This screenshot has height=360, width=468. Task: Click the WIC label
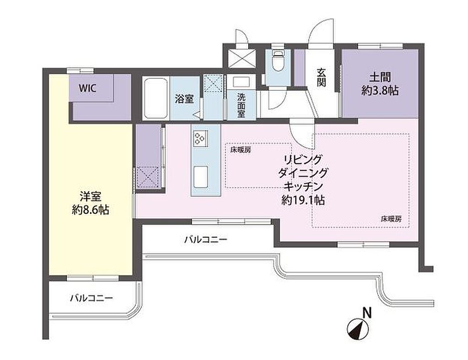coord(87,88)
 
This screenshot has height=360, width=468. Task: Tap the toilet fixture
coord(277,60)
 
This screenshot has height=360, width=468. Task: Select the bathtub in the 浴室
coord(155,99)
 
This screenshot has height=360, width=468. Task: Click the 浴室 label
coord(185,99)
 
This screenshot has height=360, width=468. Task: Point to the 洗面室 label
coord(241,105)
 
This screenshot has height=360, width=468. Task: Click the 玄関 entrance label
coord(321,77)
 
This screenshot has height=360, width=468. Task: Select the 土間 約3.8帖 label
coord(380,84)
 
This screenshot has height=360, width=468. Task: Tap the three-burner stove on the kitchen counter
coord(200,139)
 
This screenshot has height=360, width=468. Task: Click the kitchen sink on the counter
coord(201,177)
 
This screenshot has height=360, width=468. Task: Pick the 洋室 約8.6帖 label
coord(90,203)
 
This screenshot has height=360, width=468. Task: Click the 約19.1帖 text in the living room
coord(303,200)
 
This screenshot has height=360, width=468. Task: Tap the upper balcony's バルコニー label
coord(206,239)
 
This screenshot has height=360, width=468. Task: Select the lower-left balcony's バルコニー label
coord(91,298)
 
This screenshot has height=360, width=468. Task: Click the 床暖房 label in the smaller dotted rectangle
coord(240,150)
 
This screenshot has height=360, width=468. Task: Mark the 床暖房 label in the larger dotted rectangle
coord(391,219)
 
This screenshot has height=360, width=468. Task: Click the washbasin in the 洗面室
coord(241,82)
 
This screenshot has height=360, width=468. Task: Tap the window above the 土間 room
coord(380,46)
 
